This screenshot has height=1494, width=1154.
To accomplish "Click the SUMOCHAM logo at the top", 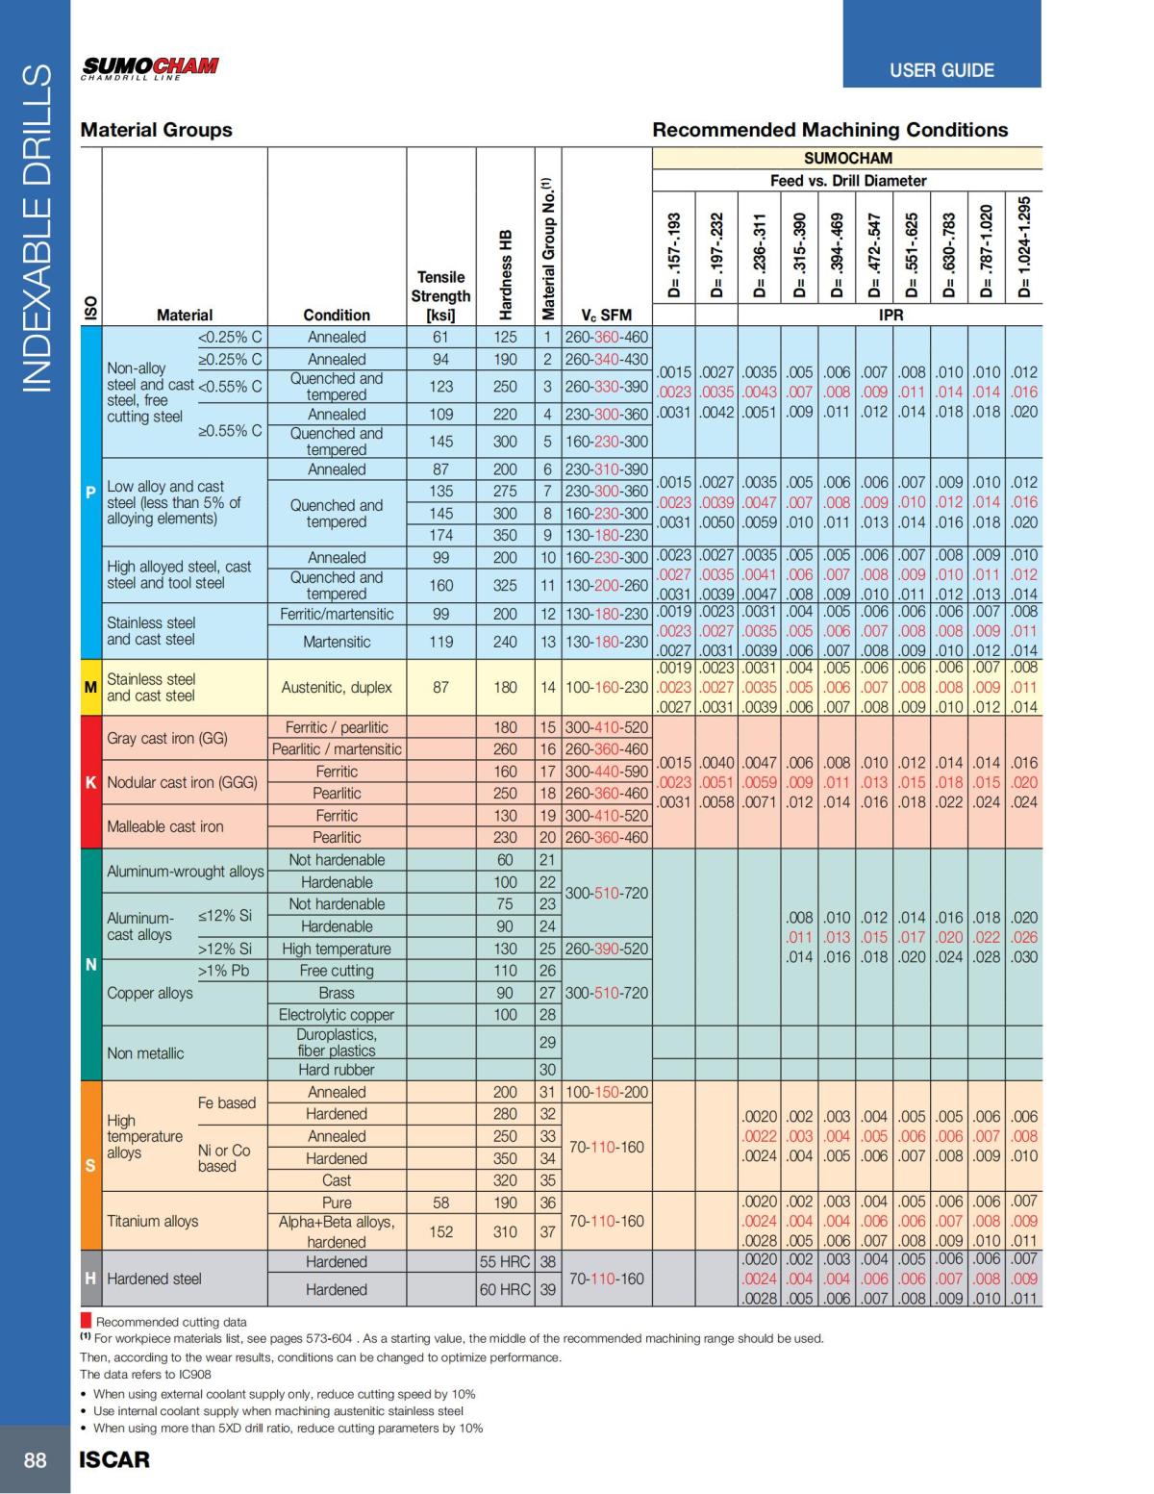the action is [x=150, y=68].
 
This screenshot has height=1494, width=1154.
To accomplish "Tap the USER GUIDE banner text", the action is [x=941, y=70].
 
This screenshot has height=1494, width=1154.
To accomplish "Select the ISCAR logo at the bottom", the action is [x=114, y=1459].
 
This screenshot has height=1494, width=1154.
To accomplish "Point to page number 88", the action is [x=35, y=1459].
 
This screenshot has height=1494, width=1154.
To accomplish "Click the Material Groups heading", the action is [x=156, y=129].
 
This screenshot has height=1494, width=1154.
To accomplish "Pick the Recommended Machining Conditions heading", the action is [x=830, y=129].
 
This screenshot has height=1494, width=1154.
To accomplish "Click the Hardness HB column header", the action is [x=506, y=274].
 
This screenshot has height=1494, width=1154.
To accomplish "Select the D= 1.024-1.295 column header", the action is [x=1024, y=247].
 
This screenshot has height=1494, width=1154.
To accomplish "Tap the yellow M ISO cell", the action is [x=90, y=687].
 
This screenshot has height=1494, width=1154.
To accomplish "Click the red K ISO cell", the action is [x=90, y=782].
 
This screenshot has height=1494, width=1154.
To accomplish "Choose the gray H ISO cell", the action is [x=90, y=1279].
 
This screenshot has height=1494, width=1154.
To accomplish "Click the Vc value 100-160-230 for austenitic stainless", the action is [x=606, y=687].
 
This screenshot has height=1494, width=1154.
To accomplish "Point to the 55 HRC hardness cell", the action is [x=505, y=1261].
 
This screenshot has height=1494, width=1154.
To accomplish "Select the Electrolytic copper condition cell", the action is [x=336, y=1015].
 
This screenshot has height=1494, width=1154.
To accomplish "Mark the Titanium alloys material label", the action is [x=153, y=1221].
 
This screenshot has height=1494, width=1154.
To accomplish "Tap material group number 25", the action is [x=547, y=949].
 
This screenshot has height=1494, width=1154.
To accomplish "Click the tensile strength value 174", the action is [x=440, y=535].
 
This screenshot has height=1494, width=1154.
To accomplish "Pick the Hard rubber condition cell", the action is [x=336, y=1070].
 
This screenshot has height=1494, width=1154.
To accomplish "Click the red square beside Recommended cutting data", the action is [x=86, y=1321].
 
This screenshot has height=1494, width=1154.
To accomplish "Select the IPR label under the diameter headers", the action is [x=891, y=315].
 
